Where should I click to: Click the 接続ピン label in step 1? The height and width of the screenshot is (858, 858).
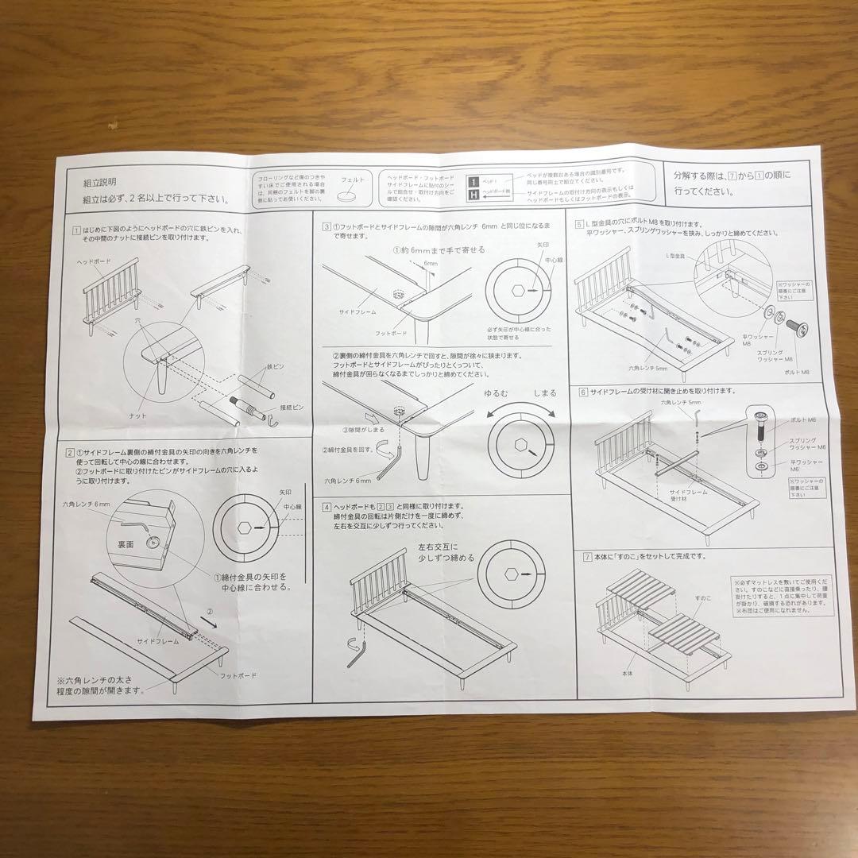293,408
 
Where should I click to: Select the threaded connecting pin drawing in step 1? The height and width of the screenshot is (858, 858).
247,404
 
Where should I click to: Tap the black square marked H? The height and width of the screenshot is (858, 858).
473,194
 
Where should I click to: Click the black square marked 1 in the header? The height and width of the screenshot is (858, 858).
473,180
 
